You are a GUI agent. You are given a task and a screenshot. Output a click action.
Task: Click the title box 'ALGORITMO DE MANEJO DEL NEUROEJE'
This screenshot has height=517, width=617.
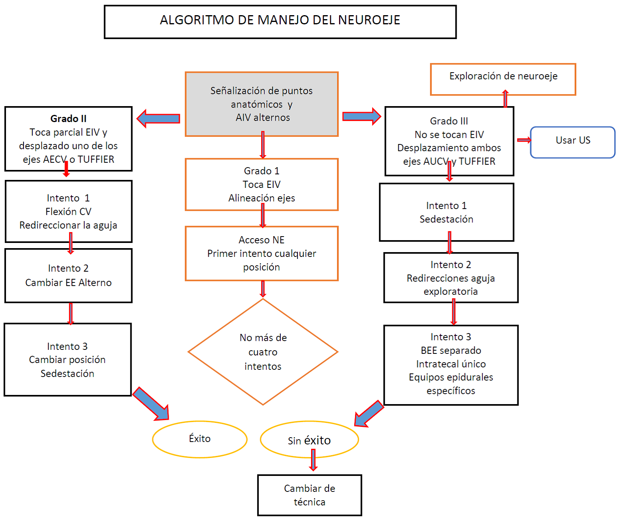(x=280, y=22)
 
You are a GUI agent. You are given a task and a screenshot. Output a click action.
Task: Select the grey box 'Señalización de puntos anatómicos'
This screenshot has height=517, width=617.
(x=262, y=104)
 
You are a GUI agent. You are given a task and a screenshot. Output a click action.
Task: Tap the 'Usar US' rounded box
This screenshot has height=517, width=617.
(x=573, y=142)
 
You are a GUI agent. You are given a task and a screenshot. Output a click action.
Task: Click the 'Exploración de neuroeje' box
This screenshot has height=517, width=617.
(x=503, y=79)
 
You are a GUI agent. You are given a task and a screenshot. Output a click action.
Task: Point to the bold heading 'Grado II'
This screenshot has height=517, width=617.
(x=68, y=118)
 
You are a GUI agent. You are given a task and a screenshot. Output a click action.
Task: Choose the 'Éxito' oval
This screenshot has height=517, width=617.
(x=199, y=439)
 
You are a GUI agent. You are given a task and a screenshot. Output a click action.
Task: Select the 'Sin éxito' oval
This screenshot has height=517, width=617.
(x=309, y=440)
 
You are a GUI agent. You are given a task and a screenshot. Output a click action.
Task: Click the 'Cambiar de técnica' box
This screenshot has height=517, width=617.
(x=309, y=495)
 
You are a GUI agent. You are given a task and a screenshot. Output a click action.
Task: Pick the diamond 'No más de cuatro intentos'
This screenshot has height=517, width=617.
(x=263, y=352)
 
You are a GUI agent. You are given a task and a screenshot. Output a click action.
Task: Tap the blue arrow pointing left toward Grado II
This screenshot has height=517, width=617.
(x=158, y=118)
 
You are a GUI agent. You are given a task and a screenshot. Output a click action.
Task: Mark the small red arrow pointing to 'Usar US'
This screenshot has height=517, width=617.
(x=524, y=140)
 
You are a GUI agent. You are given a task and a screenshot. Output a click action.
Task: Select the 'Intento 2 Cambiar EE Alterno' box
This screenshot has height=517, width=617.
(x=68, y=276)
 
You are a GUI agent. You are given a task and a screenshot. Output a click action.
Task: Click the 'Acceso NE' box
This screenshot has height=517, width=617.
(x=262, y=253)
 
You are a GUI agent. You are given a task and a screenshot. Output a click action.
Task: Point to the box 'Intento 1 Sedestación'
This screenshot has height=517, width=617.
(x=446, y=212)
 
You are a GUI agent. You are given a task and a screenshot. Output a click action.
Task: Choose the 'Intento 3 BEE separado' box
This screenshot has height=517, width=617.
(x=451, y=365)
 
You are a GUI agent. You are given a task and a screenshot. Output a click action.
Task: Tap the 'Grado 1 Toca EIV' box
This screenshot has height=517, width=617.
(x=262, y=184)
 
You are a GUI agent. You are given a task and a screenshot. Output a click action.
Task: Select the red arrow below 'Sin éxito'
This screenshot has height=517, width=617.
(x=313, y=460)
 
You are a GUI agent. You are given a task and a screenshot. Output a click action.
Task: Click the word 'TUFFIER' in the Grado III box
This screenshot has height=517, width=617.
(x=477, y=162)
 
